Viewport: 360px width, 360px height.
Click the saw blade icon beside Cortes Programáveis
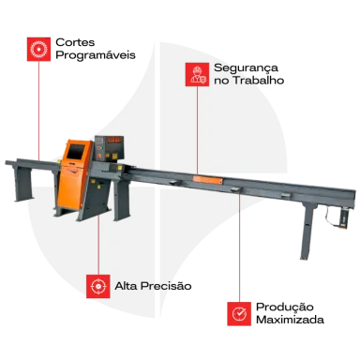point(38,50)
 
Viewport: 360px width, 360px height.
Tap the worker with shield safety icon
point(197,74)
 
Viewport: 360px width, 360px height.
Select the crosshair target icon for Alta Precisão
point(98,286)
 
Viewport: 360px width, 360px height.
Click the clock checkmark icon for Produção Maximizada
point(239,314)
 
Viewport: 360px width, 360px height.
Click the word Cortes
point(75,42)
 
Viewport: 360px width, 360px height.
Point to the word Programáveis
point(96,55)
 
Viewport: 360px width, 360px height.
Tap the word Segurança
point(247,68)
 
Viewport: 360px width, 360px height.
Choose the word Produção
point(285,307)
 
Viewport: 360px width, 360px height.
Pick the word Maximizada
point(290,320)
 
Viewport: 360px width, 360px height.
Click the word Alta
point(127,286)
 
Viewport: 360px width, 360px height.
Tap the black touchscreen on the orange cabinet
point(76,151)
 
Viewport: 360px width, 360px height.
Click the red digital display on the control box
point(114,140)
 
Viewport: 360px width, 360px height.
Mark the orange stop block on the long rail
point(208,180)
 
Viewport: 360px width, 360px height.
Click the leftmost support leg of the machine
point(22,184)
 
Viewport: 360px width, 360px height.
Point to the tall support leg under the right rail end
point(307,231)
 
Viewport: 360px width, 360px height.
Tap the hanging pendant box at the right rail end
point(343,219)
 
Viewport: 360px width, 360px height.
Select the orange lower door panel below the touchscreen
point(71,187)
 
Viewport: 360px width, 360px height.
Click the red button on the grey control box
point(99,156)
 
